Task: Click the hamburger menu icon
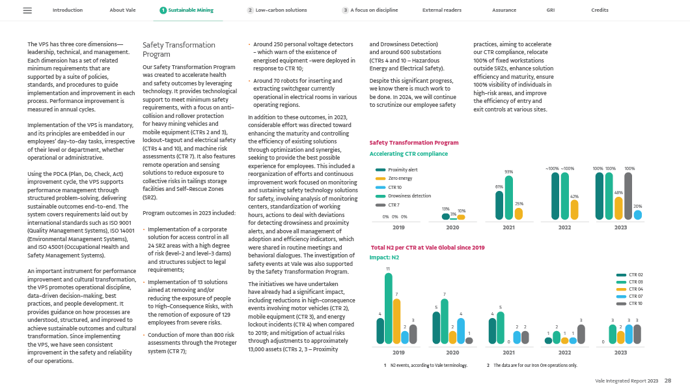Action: pyautogui.click(x=27, y=10)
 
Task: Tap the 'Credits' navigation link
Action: pyautogui.click(x=600, y=10)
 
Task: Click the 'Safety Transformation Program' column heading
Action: pyautogui.click(x=179, y=50)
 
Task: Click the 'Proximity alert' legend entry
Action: pyautogui.click(x=402, y=169)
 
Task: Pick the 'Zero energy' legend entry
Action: pyautogui.click(x=400, y=178)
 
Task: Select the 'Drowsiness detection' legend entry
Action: pyautogui.click(x=409, y=195)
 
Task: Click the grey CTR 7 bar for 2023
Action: pyautogui.click(x=629, y=195)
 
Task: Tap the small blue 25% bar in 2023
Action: pyautogui.click(x=638, y=214)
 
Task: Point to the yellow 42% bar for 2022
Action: pyautogui.click(x=574, y=209)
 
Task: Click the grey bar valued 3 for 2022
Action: pyautogui.click(x=581, y=334)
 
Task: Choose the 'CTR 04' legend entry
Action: pyautogui.click(x=635, y=289)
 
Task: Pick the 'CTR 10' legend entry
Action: pyautogui.click(x=635, y=304)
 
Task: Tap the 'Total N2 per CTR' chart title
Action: pyautogui.click(x=428, y=248)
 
